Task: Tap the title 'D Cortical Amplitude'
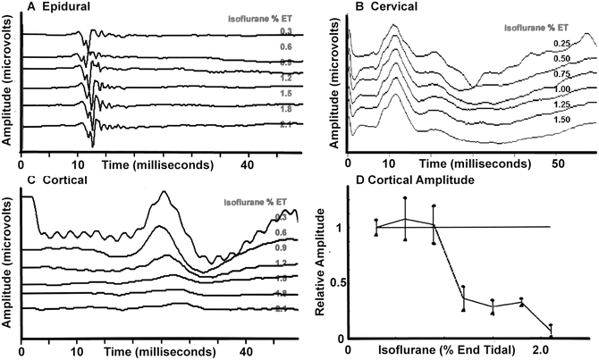(384, 184)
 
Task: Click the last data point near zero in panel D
(551, 332)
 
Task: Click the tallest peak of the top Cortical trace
(162, 192)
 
